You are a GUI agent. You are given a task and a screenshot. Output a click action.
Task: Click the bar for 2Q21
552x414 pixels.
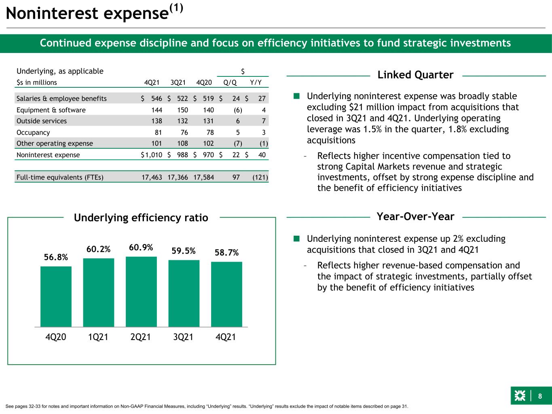[141, 291]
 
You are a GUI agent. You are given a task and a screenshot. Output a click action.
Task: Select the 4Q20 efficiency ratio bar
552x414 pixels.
[56, 297]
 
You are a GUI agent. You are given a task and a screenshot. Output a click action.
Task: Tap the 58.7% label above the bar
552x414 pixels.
[226, 252]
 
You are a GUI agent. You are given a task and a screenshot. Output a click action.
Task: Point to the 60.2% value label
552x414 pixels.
[98, 249]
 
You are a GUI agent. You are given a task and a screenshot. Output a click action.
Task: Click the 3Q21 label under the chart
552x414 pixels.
[183, 337]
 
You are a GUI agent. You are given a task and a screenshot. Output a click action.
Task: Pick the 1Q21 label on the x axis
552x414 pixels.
[98, 337]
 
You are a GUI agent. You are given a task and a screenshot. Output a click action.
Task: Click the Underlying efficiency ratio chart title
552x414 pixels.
[141, 218]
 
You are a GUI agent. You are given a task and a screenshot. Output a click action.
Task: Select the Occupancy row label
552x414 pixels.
[33, 133]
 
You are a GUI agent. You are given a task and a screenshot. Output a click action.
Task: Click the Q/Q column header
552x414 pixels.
[230, 82]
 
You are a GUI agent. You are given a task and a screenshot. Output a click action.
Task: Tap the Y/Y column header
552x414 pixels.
[256, 82]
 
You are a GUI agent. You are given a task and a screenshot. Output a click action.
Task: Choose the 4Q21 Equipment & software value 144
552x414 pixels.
[157, 110]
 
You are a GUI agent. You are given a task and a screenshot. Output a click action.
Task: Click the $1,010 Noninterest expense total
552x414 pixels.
[151, 155]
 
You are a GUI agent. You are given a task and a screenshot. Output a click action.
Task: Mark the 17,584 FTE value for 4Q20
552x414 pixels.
[204, 177]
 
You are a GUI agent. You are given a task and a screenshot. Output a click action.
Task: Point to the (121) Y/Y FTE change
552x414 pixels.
[260, 177]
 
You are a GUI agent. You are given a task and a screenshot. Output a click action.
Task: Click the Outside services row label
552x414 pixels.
[42, 121]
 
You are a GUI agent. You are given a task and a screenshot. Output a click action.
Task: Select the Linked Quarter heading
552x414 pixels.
[415, 75]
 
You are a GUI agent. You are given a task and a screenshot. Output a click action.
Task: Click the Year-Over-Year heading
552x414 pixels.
[415, 216]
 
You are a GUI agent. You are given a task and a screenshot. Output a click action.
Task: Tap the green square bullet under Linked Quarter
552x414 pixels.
[296, 96]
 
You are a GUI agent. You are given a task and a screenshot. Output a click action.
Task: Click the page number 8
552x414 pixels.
[540, 396]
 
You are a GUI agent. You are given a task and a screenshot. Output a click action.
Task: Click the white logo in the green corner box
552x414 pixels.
[520, 396]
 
